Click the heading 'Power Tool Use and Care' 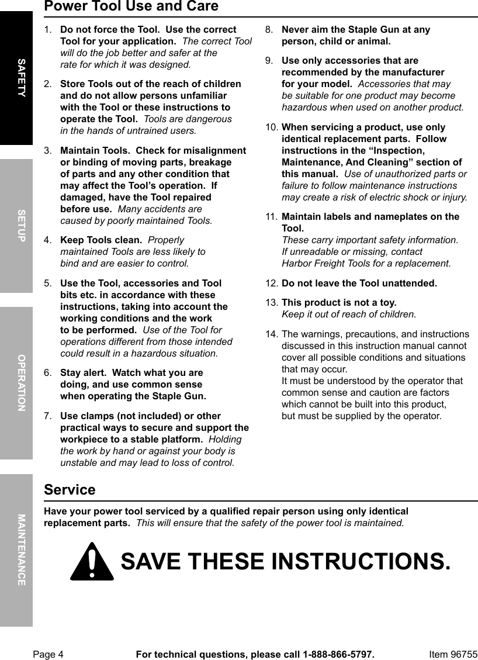tap(131, 7)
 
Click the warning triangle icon tap(92, 562)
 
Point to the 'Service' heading tap(70, 490)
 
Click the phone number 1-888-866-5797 tap(337, 654)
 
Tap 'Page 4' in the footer tap(48, 654)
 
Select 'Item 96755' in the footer tap(453, 654)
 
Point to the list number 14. tap(271, 334)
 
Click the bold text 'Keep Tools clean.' tap(101, 240)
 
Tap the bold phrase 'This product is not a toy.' tap(339, 303)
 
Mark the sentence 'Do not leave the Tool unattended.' tap(359, 284)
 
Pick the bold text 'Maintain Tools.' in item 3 tap(95, 151)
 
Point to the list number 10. tap(271, 127)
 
